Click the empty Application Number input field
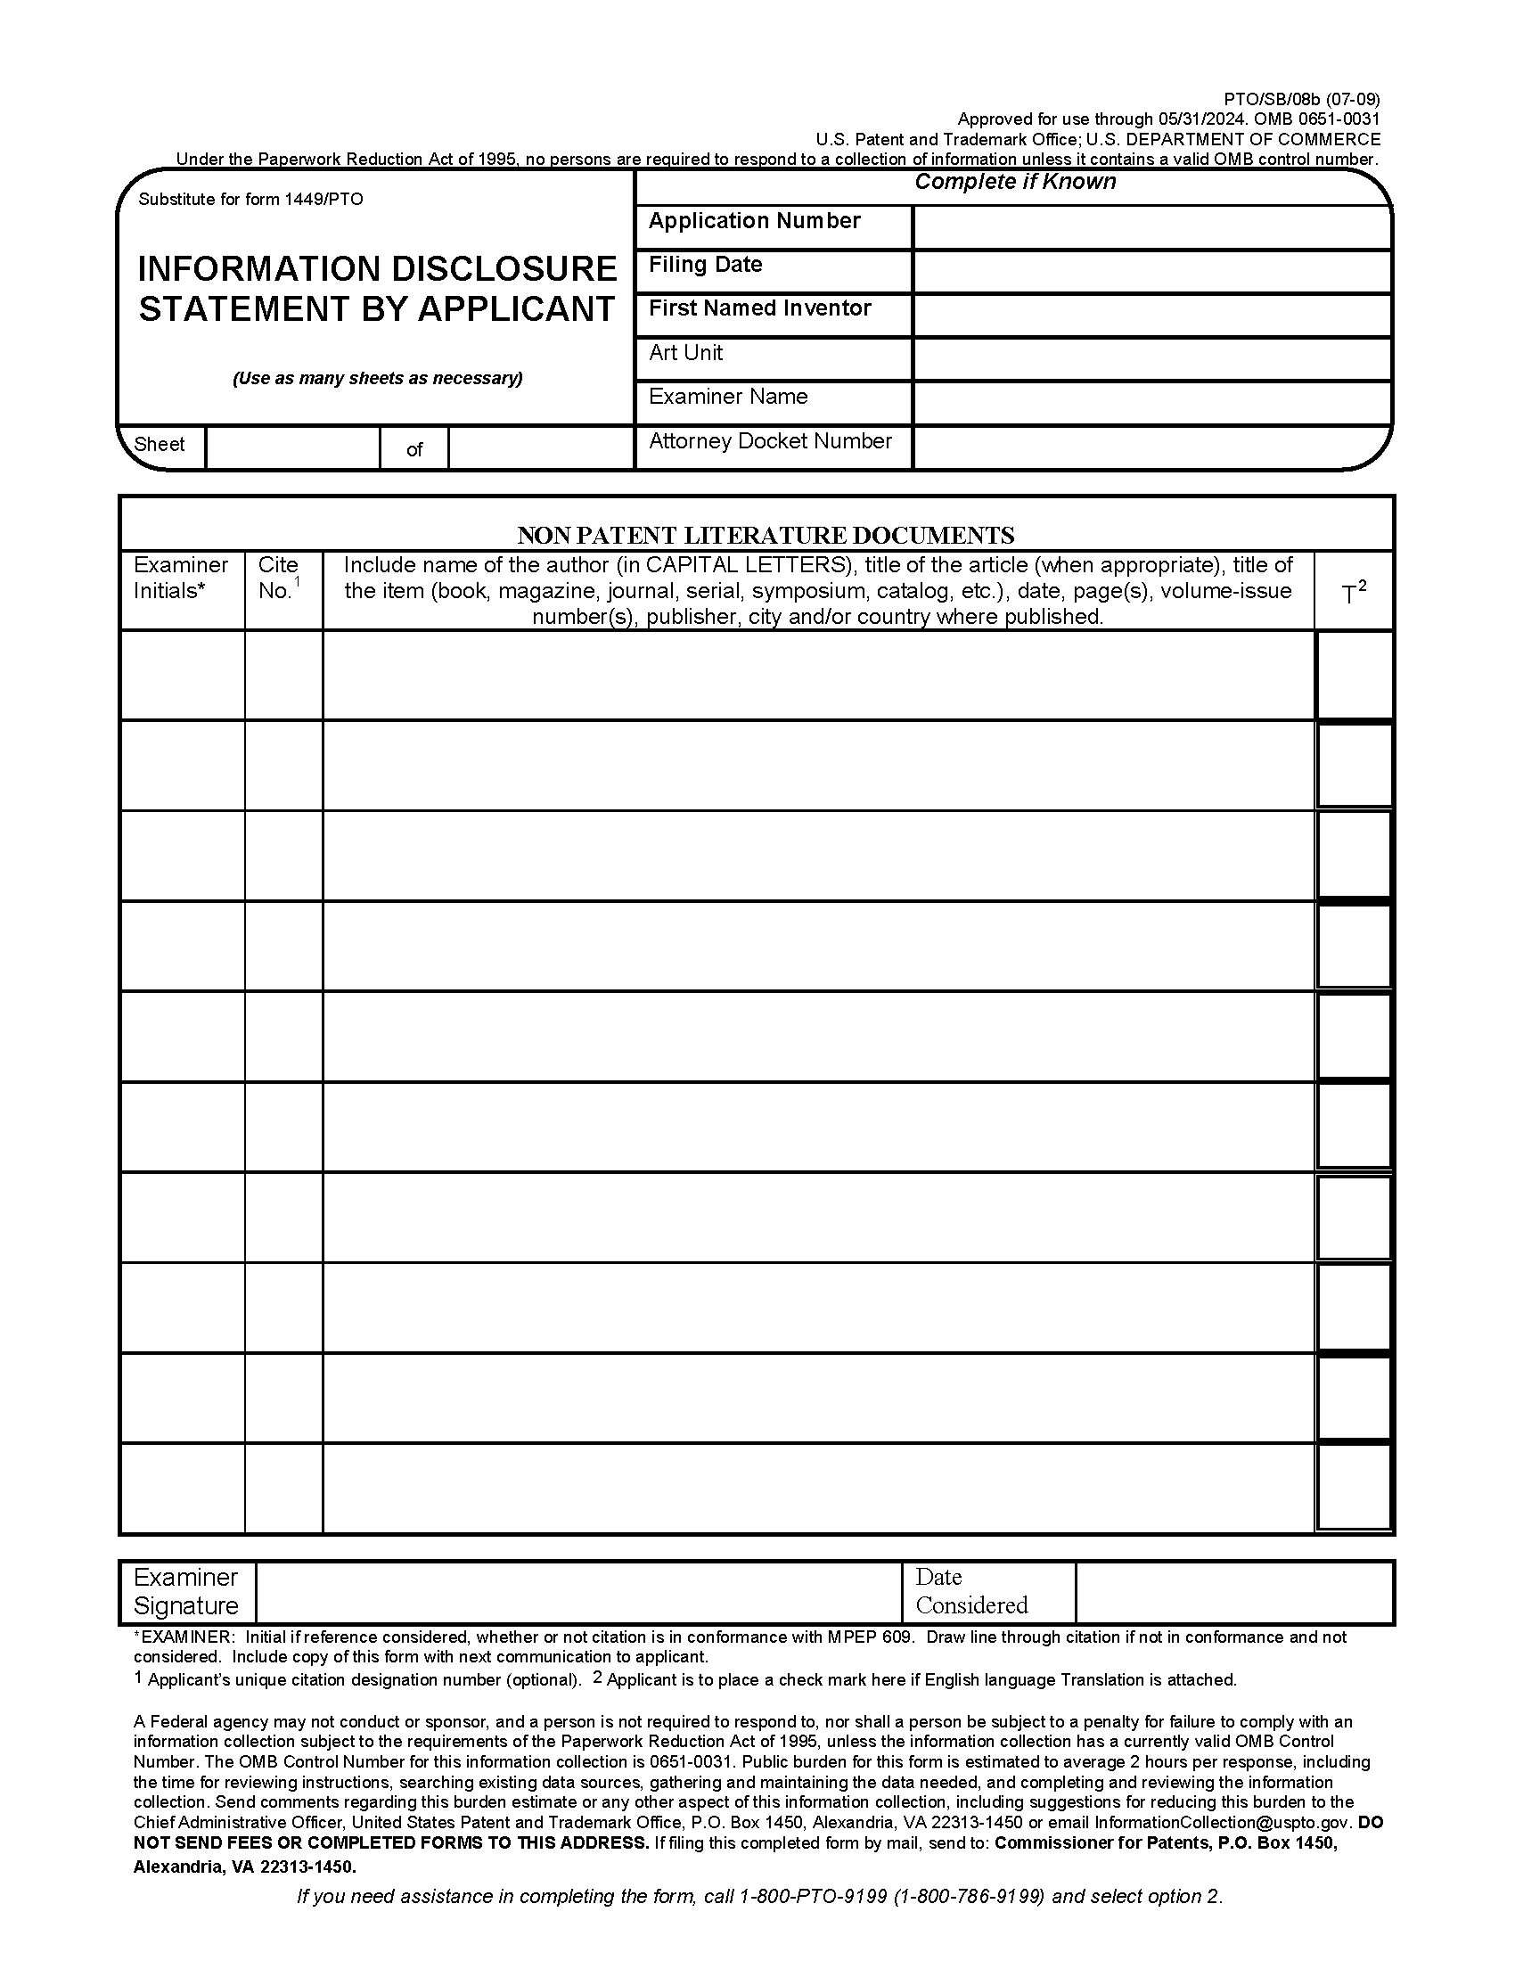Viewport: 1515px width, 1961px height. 1151,227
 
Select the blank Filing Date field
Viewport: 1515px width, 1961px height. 1151,271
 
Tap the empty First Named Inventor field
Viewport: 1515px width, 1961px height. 1151,316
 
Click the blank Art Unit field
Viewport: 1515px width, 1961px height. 1151,359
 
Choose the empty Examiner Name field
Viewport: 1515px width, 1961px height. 1151,403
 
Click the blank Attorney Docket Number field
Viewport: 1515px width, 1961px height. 1151,447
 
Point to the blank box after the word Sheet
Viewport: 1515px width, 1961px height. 292,447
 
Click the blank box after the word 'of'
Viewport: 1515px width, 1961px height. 540,447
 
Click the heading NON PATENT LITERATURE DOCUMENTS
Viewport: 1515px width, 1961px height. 766,535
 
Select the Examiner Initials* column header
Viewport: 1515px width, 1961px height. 181,578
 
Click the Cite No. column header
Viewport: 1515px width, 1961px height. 280,578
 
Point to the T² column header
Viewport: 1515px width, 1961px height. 1354,592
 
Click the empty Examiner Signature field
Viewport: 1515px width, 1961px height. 579,1593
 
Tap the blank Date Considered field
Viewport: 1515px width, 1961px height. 1233,1593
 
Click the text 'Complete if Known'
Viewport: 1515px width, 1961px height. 1015,182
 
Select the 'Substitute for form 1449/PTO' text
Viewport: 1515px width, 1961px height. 250,200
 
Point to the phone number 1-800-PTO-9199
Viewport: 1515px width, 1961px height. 813,1896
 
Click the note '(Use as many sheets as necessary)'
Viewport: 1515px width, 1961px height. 377,378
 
